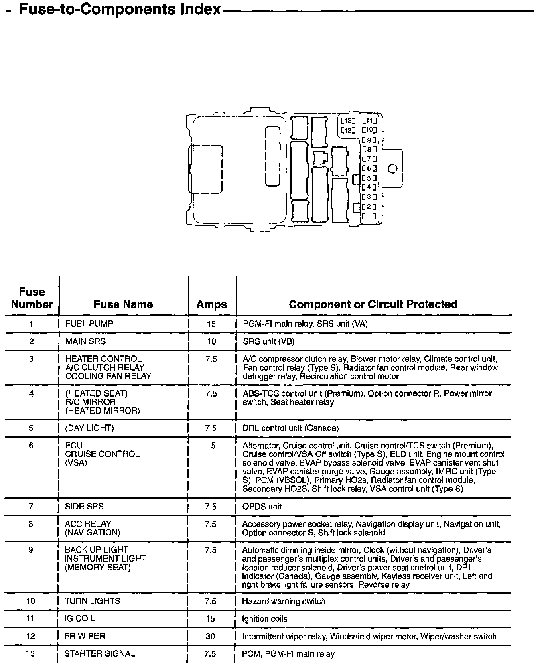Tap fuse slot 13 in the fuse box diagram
click(x=347, y=121)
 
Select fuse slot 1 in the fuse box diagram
click(x=369, y=217)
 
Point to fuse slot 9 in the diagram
click(x=369, y=140)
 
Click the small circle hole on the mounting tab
click(x=393, y=169)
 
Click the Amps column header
click(x=211, y=304)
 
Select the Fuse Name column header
click(x=123, y=304)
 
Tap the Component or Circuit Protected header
click(x=373, y=304)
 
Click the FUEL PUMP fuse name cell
click(x=89, y=324)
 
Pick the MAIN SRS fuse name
click(x=85, y=341)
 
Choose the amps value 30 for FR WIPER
click(x=210, y=636)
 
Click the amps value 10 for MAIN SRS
click(x=211, y=341)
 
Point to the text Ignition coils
click(x=264, y=619)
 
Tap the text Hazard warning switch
click(x=284, y=601)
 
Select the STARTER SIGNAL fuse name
click(x=100, y=654)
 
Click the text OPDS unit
click(x=262, y=507)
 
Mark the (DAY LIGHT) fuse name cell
click(x=89, y=428)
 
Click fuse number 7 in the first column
click(x=31, y=507)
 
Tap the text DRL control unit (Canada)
click(x=290, y=428)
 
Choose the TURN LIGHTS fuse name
click(x=92, y=601)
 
